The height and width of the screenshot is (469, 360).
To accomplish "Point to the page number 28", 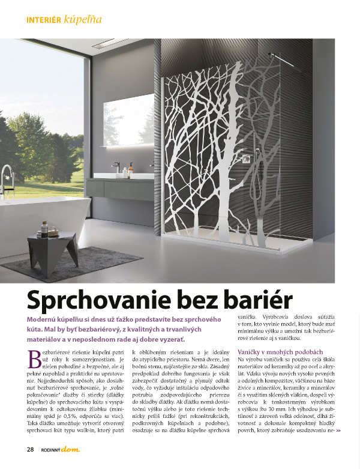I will [30, 449].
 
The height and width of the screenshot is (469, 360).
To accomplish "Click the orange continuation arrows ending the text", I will [338, 431].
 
